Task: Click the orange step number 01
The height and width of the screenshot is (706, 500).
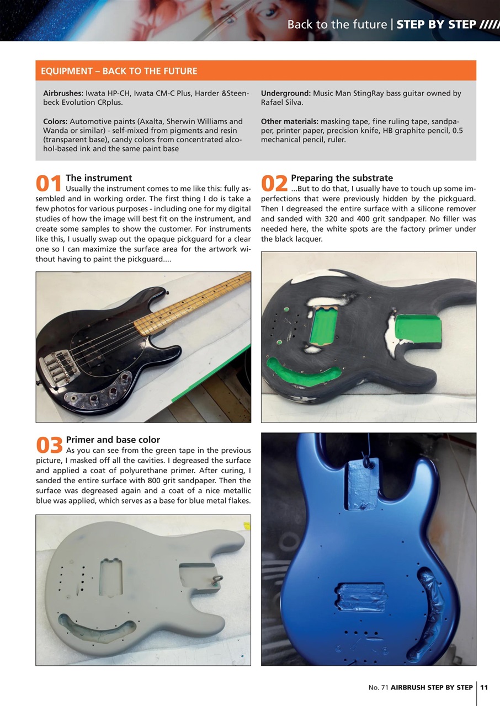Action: pyautogui.click(x=49, y=184)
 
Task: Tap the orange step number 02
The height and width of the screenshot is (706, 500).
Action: pyautogui.click(x=274, y=184)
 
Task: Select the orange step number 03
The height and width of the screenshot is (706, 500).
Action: pyautogui.click(x=49, y=445)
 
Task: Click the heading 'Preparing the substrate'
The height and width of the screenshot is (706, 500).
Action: pyautogui.click(x=342, y=178)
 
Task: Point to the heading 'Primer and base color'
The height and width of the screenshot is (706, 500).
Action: pyautogui.click(x=113, y=440)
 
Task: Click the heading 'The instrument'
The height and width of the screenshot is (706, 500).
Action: pyautogui.click(x=99, y=178)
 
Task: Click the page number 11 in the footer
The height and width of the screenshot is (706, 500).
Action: pyautogui.click(x=484, y=687)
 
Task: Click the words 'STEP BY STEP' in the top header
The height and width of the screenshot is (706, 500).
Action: pyautogui.click(x=437, y=24)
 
